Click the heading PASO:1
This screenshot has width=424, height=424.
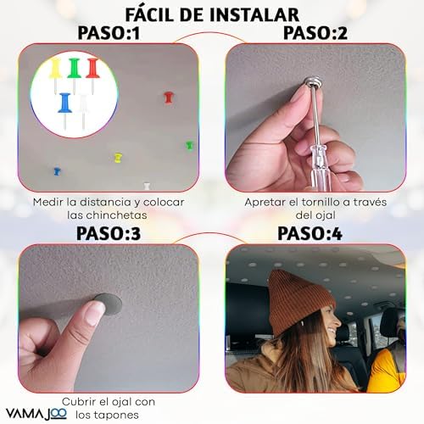pyautogui.click(x=109, y=33)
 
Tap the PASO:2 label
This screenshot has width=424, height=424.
pyautogui.click(x=310, y=33)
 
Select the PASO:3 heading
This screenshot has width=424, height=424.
pyautogui.click(x=109, y=233)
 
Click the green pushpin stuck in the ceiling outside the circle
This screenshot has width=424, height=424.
pyautogui.click(x=189, y=145)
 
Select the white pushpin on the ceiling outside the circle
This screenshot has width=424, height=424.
pyautogui.click(x=146, y=181)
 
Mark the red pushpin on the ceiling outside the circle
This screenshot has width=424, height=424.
pyautogui.click(x=168, y=98)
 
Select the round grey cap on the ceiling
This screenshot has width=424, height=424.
pyautogui.click(x=106, y=303)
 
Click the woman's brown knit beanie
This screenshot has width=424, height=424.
pyautogui.click(x=298, y=297)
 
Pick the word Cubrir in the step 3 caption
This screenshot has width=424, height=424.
pyautogui.click(x=85, y=401)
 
